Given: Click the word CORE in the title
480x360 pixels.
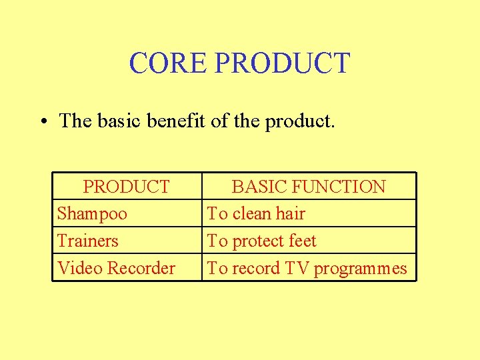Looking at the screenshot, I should (x=169, y=63).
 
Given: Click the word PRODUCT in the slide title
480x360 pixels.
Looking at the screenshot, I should (x=283, y=63).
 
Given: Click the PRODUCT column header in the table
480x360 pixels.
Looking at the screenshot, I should (x=126, y=187).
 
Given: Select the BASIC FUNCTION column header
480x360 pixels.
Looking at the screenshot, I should (x=308, y=187).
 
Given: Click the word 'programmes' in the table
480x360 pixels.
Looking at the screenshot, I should (x=360, y=269).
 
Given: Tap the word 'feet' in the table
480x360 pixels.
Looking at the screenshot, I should (x=301, y=241).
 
